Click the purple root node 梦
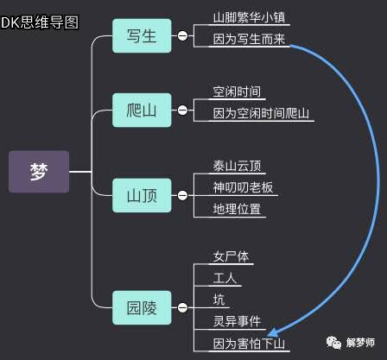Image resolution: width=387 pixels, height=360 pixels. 39,172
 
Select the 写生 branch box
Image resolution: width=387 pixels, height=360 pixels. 142,36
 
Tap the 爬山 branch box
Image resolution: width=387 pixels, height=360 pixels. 142,111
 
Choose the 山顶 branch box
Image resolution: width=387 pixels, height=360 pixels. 142,196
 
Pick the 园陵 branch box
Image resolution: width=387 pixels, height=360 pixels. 142,308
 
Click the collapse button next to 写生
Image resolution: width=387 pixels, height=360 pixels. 182,36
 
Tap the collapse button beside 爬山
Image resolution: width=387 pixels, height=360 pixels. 182,111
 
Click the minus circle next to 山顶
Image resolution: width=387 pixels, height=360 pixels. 182,196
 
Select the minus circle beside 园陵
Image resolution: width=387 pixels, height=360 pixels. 182,308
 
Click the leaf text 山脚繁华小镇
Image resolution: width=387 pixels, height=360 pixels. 249,17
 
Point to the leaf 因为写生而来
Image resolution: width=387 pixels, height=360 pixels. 249,39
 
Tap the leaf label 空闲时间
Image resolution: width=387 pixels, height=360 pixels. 237,92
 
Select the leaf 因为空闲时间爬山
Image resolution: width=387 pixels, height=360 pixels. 261,113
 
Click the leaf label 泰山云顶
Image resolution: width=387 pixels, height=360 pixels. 237,166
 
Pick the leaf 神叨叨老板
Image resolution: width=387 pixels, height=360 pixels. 243,187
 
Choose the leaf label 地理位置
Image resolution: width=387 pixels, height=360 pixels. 237,209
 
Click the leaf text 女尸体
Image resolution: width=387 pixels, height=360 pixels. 231,256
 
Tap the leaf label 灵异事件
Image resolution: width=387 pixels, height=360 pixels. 237,321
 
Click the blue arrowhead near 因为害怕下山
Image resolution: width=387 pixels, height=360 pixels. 272,332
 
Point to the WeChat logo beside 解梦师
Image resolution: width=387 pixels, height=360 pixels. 333,342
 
